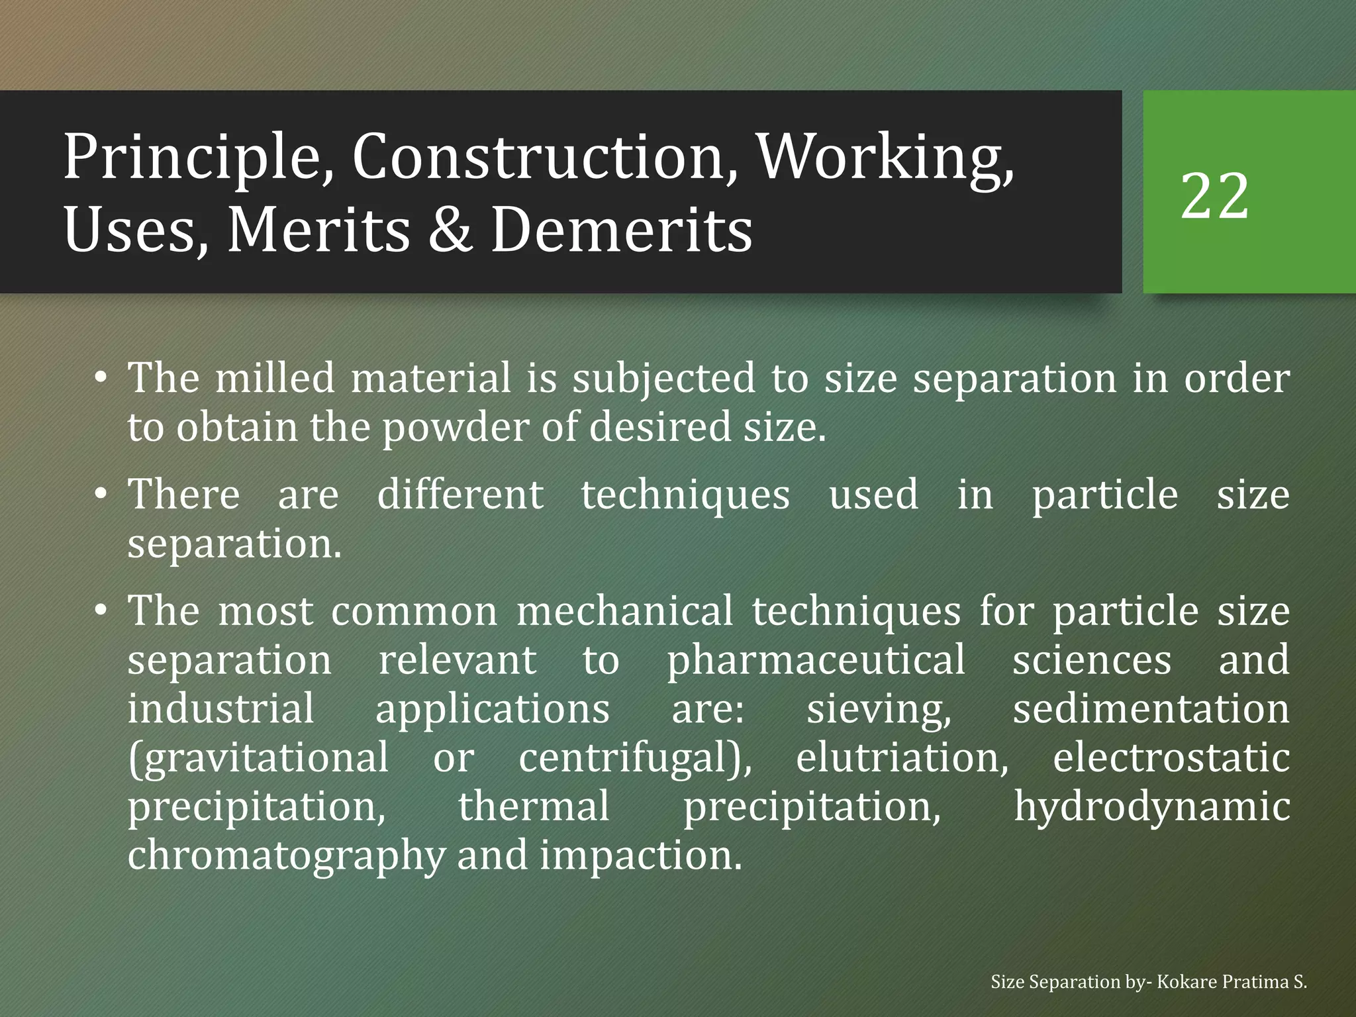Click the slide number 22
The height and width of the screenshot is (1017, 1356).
coord(1214,196)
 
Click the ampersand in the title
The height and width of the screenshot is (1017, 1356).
coord(450,229)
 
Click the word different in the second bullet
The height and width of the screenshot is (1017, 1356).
coord(460,495)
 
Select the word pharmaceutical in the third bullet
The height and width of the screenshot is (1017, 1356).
coord(816,660)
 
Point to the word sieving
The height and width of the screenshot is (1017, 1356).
coord(879,709)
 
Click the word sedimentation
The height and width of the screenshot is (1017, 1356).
coord(1151,709)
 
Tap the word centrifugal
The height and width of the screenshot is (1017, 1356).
coord(635,758)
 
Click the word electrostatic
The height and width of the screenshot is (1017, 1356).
coord(1171,758)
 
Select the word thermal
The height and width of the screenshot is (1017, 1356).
coord(534,806)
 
